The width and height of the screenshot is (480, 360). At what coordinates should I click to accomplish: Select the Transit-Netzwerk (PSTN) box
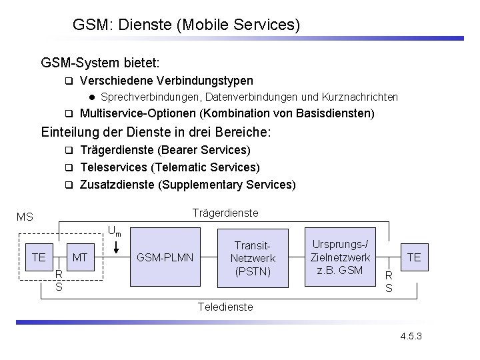tap(252, 257)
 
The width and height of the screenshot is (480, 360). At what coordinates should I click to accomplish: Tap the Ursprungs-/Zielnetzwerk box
tap(340, 257)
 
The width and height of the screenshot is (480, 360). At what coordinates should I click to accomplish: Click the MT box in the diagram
tap(80, 257)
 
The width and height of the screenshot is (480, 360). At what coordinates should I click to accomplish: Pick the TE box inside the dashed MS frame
tap(39, 257)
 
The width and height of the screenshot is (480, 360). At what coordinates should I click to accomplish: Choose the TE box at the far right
tap(414, 257)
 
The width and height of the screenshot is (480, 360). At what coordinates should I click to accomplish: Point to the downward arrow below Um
tap(117, 246)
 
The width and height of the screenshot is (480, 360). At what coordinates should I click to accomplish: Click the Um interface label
tap(115, 232)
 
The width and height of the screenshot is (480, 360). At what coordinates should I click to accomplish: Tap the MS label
tap(25, 217)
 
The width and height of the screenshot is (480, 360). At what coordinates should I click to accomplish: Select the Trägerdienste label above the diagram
tap(225, 213)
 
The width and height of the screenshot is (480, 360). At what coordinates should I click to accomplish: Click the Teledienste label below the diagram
tap(225, 307)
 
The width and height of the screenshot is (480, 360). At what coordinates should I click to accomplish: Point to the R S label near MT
tap(59, 280)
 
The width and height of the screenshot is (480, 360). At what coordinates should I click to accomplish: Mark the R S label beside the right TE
tap(389, 282)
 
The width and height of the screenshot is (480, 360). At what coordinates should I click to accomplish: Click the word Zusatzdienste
tap(116, 184)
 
